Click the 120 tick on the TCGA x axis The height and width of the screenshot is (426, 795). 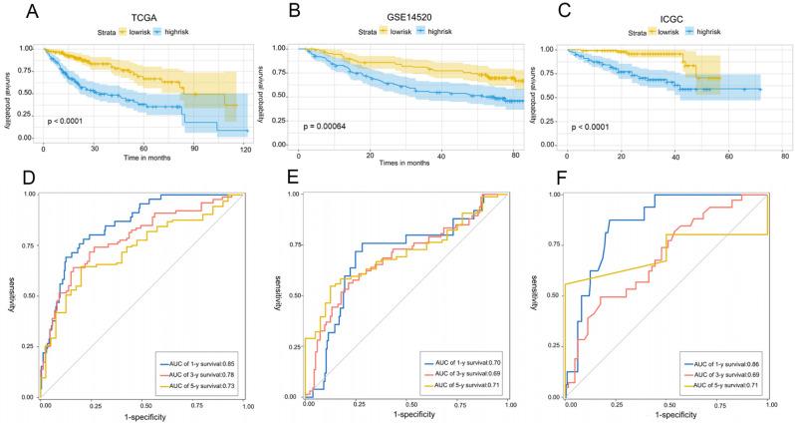[245, 148]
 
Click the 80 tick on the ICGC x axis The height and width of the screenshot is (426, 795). [785, 157]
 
